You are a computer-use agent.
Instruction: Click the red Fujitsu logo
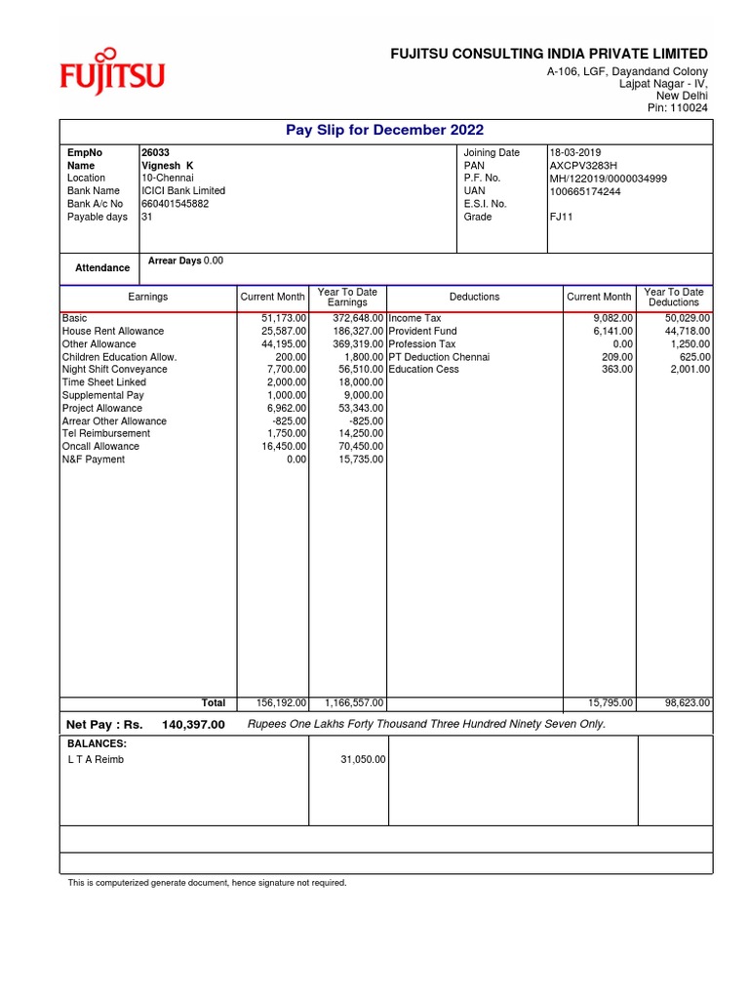112,72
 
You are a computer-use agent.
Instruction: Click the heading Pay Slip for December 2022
384,131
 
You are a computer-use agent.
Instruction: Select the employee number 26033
154,153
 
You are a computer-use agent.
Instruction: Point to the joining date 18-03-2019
576,153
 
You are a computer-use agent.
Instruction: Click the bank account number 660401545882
175,204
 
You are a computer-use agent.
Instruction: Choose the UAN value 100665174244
585,191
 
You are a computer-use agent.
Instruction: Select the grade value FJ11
561,217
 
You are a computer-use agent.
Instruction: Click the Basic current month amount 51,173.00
284,319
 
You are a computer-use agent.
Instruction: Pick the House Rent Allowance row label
113,332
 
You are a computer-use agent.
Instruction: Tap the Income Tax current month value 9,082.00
612,319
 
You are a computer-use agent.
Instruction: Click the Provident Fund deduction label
422,332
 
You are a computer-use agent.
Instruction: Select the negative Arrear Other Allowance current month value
289,421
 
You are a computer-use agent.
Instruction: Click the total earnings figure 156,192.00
281,702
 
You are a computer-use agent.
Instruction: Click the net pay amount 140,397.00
186,725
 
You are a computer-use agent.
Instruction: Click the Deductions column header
474,297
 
